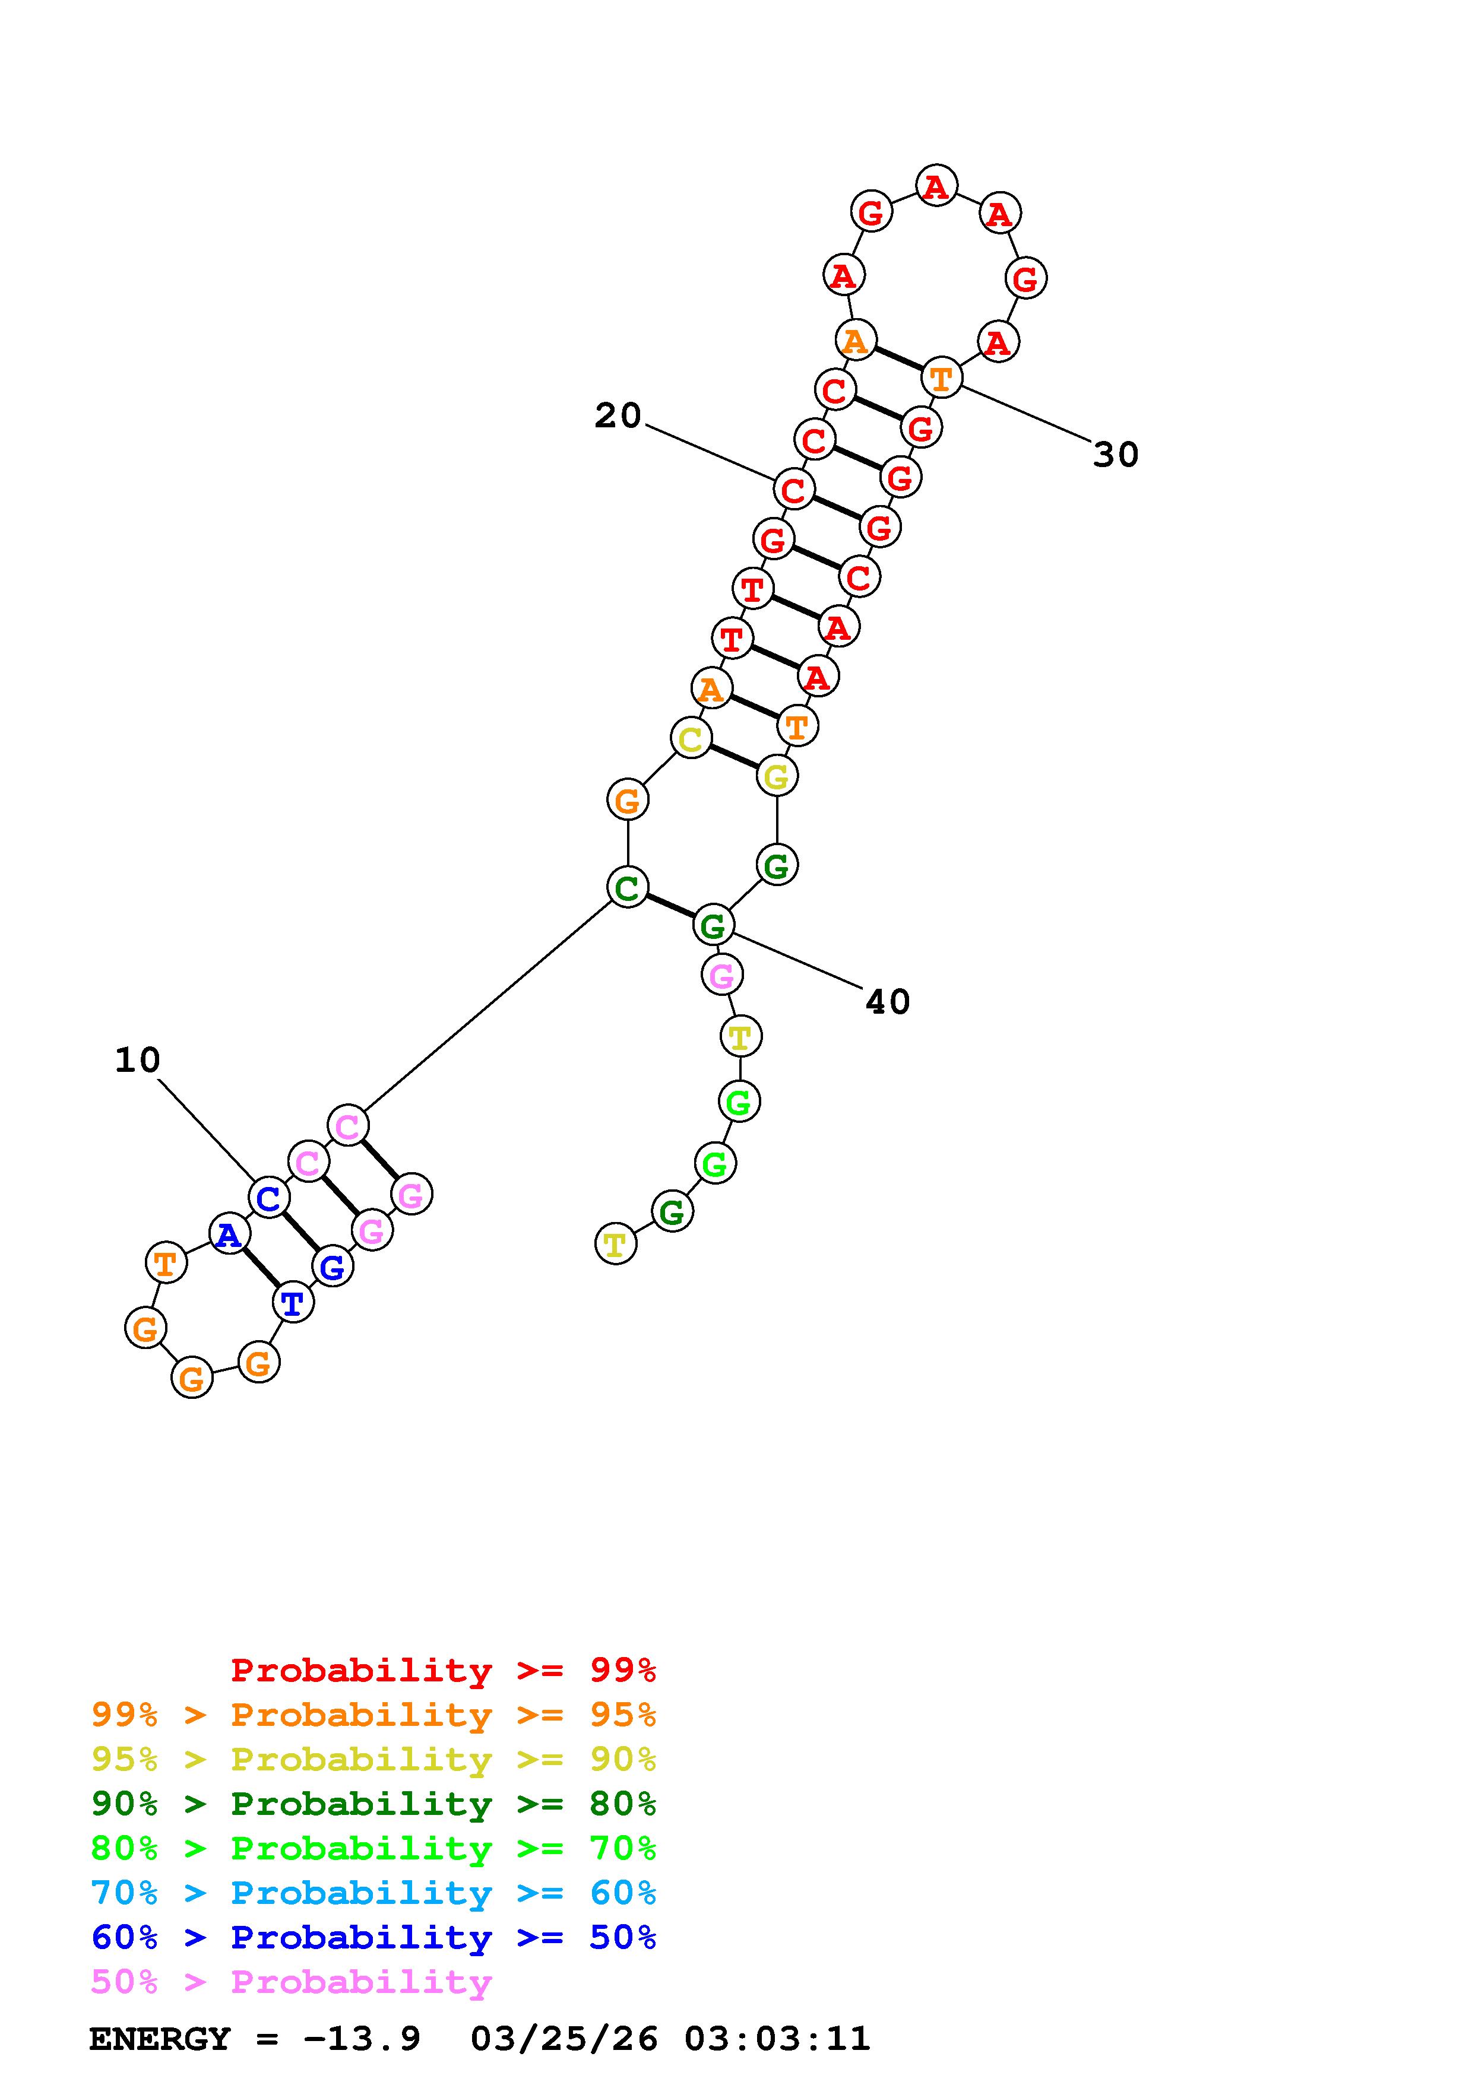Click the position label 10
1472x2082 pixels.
point(138,1060)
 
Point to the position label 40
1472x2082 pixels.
point(888,1002)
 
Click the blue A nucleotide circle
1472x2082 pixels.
point(229,1234)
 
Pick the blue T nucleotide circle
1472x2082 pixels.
point(292,1304)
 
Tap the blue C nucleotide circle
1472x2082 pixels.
point(268,1198)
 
